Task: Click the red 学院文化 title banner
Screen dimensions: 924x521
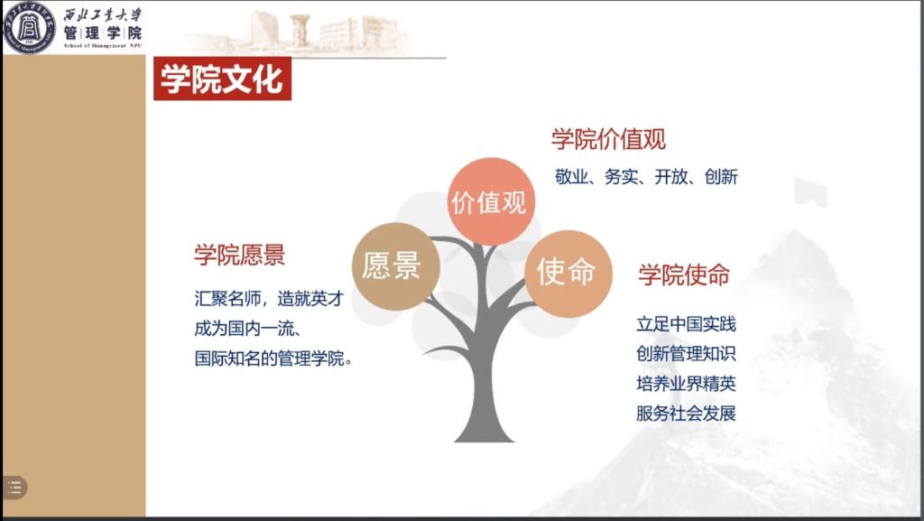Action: pyautogui.click(x=222, y=79)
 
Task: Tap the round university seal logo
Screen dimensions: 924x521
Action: pyautogui.click(x=30, y=28)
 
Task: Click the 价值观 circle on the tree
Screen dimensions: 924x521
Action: pyautogui.click(x=490, y=201)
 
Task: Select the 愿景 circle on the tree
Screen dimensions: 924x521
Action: pyautogui.click(x=395, y=266)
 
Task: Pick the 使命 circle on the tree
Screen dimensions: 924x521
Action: pyautogui.click(x=568, y=274)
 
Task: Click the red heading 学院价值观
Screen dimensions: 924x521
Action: pyautogui.click(x=609, y=140)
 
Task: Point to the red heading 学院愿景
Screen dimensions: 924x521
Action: pyautogui.click(x=240, y=256)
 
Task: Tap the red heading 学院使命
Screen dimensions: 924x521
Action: pyautogui.click(x=684, y=275)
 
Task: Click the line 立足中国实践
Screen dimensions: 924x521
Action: pyautogui.click(x=687, y=324)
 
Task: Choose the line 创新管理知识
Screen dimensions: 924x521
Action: pyautogui.click(x=687, y=354)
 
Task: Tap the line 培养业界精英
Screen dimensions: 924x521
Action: pyautogui.click(x=687, y=384)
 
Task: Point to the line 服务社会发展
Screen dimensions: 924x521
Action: pyautogui.click(x=687, y=414)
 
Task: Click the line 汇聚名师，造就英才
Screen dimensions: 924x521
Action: pyautogui.click(x=269, y=299)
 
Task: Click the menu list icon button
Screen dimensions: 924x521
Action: pyautogui.click(x=14, y=488)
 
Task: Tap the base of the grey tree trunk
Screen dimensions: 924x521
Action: pyautogui.click(x=484, y=435)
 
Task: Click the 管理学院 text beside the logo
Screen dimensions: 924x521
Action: pyautogui.click(x=103, y=33)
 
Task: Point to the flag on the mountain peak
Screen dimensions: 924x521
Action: pyautogui.click(x=810, y=191)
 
